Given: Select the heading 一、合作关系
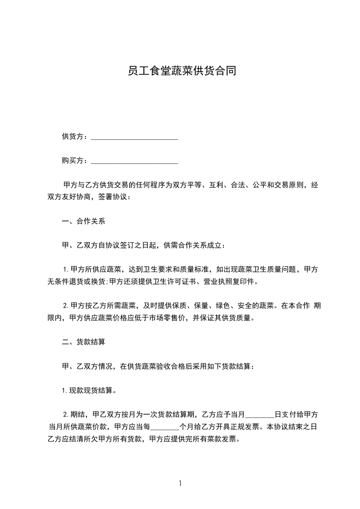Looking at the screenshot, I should [x=84, y=222].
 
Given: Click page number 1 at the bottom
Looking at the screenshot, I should [x=180, y=483].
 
